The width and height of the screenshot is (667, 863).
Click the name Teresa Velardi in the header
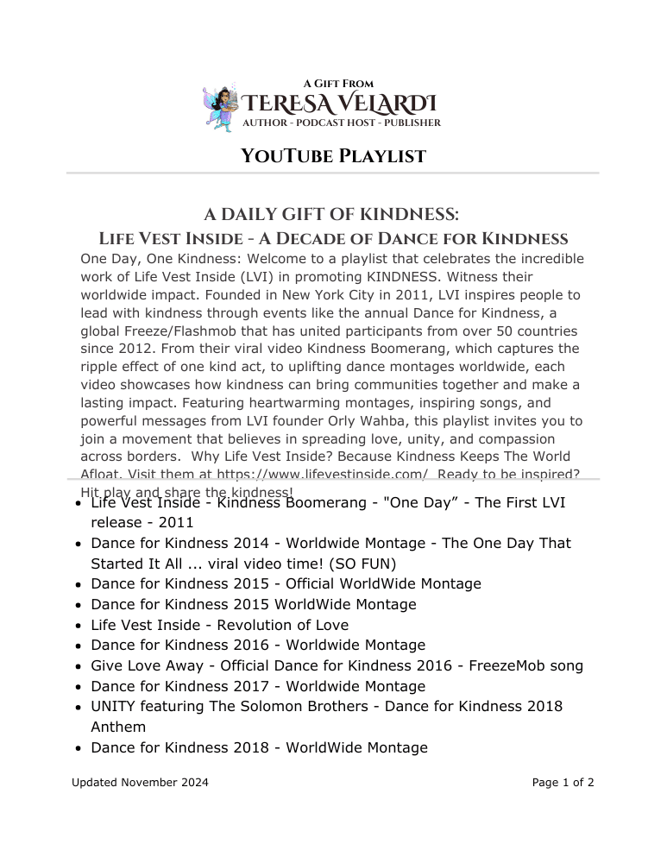click(x=339, y=104)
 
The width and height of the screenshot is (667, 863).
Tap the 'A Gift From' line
click(x=338, y=84)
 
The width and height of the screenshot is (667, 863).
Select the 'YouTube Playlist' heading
click(x=333, y=156)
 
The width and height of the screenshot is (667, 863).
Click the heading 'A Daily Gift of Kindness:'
click(x=331, y=214)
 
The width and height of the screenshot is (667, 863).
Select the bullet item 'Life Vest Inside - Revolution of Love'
click(x=219, y=625)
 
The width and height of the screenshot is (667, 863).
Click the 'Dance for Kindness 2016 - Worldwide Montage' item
click(x=258, y=646)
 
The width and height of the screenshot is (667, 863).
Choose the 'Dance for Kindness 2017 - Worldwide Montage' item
click(x=258, y=687)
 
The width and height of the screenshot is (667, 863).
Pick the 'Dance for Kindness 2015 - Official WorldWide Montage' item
click(x=286, y=584)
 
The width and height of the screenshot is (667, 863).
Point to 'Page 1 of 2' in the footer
click(x=563, y=784)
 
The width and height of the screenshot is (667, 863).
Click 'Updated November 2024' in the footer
click(x=140, y=784)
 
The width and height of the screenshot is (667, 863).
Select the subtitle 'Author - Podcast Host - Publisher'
click(x=342, y=123)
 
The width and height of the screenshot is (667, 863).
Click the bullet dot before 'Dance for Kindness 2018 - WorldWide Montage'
click(x=79, y=748)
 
